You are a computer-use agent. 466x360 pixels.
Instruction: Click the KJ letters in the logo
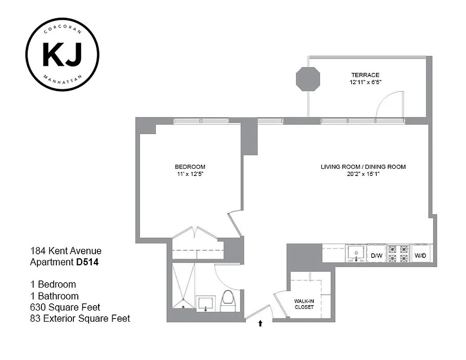click(62, 54)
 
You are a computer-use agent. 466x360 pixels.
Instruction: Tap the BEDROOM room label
click(190, 166)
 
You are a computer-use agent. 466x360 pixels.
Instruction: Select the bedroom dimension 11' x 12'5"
click(190, 173)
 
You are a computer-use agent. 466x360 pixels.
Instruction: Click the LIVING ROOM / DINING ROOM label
click(363, 166)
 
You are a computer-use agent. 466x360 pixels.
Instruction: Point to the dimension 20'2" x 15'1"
click(363, 173)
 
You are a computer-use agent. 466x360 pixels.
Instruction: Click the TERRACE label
click(365, 75)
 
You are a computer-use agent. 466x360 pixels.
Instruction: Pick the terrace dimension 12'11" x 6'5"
click(365, 82)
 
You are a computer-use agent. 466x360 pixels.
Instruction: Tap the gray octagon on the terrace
click(308, 79)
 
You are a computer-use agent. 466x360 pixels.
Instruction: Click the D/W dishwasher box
click(376, 256)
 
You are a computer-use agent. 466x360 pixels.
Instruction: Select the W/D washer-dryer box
click(421, 256)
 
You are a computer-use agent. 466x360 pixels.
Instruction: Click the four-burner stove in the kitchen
click(398, 253)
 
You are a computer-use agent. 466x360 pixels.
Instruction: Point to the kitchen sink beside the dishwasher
click(356, 253)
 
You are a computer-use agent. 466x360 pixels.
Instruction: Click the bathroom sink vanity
click(206, 303)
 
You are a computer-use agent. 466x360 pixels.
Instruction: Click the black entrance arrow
click(260, 323)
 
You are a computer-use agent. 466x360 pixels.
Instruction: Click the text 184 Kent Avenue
click(66, 251)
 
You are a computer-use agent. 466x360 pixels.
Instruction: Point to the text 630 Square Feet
click(65, 307)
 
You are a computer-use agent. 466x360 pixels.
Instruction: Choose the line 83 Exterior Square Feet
click(80, 319)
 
